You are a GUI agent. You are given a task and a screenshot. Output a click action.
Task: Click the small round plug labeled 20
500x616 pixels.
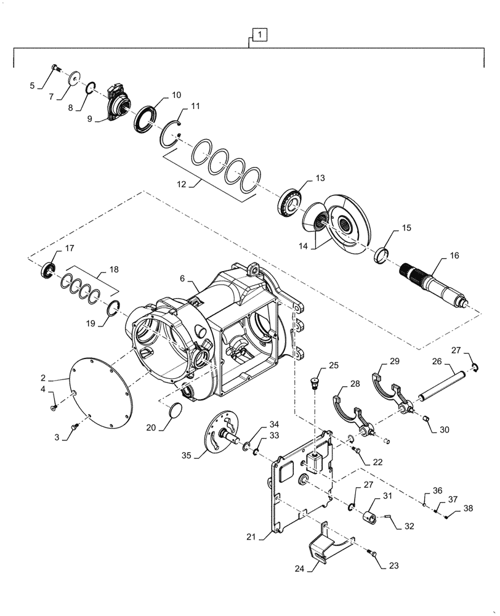click(176, 411)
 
